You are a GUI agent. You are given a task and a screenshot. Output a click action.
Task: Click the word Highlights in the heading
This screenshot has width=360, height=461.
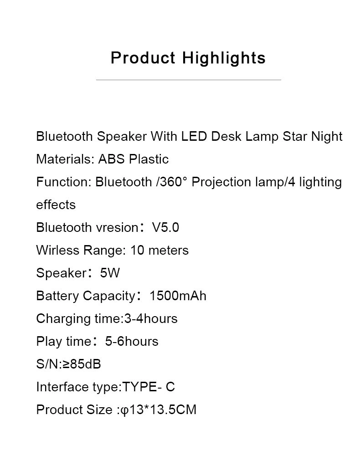pyautogui.click(x=224, y=58)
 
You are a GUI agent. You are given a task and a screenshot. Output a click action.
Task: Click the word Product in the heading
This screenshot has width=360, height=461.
pyautogui.click(x=143, y=57)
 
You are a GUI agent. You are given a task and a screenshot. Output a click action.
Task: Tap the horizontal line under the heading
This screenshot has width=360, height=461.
pyautogui.click(x=189, y=80)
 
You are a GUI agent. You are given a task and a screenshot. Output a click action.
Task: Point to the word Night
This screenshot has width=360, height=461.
pyautogui.click(x=327, y=137)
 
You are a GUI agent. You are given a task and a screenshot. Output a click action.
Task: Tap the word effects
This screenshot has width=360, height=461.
pyautogui.click(x=56, y=205)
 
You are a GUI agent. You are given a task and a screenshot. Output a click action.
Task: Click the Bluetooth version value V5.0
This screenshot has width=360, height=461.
pyautogui.click(x=165, y=228)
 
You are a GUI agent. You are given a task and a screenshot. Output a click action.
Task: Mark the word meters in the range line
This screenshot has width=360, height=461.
pyautogui.click(x=168, y=250)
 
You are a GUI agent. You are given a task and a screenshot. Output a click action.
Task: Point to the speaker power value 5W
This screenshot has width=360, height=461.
pyautogui.click(x=110, y=273)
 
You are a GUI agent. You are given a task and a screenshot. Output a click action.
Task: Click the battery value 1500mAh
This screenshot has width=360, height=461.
pyautogui.click(x=178, y=296)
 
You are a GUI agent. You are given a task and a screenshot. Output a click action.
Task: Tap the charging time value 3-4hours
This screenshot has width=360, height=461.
pyautogui.click(x=151, y=318)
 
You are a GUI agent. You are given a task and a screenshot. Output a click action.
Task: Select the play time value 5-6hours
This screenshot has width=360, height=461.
pyautogui.click(x=132, y=341)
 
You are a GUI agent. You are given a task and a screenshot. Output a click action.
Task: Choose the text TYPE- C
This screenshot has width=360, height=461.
pyautogui.click(x=148, y=387)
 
